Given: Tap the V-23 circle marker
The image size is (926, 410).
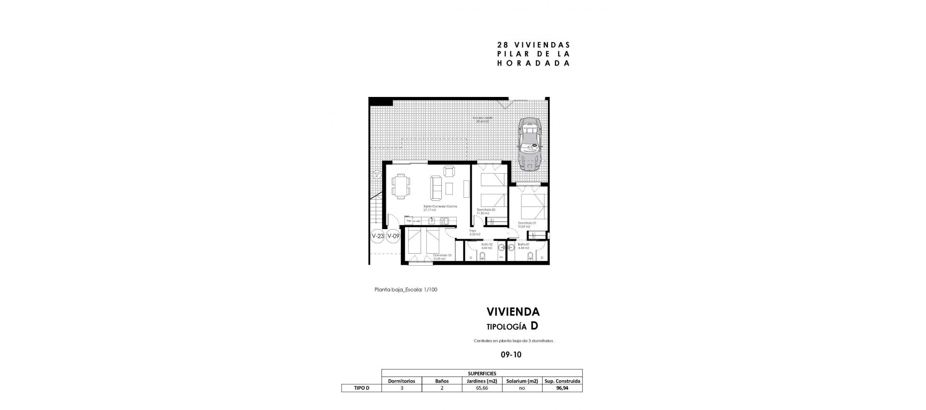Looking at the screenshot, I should point(378,236).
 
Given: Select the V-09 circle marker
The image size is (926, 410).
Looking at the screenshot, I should point(393,236).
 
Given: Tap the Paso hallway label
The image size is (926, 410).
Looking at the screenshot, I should point(473,232).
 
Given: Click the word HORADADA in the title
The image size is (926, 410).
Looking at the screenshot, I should point(533,63).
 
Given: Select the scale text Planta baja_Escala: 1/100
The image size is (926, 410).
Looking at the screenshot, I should point(406,290).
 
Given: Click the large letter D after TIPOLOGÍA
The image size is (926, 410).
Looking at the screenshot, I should point(534,326).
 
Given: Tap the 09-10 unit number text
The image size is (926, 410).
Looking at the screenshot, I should point(511,355).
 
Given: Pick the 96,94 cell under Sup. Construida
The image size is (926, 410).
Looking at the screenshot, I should point(562,388).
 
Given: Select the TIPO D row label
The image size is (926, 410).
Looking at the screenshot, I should point(361,388).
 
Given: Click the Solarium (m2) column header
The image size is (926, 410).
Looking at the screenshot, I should point(522,381).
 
